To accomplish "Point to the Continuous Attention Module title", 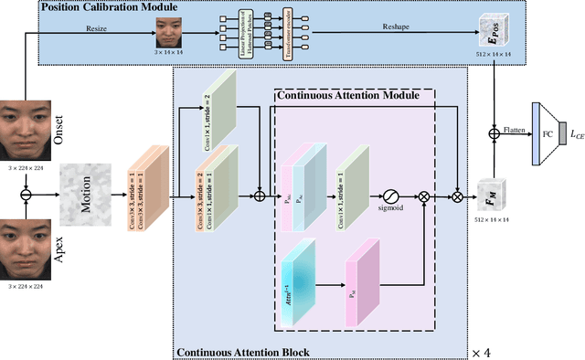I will [x=347, y=94].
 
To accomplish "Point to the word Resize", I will [x=97, y=27].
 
